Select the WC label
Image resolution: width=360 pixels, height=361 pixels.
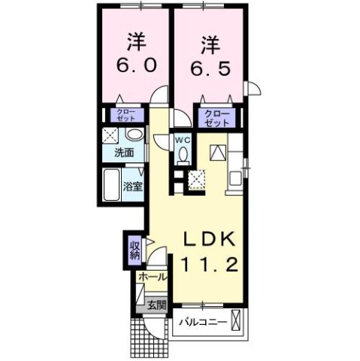pyautogui.click(x=182, y=140)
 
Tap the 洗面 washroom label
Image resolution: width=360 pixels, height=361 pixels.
pyautogui.click(x=124, y=153)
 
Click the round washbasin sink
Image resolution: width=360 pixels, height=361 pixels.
pyautogui.click(x=135, y=135)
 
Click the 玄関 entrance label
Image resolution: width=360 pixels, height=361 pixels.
pyautogui.click(x=156, y=305)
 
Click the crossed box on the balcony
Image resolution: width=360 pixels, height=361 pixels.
pyautogui.click(x=238, y=322)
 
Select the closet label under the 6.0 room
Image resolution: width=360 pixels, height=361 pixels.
pyautogui.click(x=124, y=116)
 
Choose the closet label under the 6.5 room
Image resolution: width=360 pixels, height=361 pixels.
pyautogui.click(x=216, y=116)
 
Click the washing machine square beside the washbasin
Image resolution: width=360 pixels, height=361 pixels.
pyautogui.click(x=111, y=137)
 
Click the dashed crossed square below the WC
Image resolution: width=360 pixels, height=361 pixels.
pyautogui.click(x=198, y=177)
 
